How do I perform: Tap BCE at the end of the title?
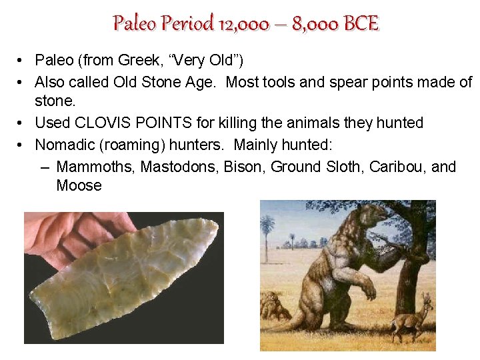(361, 24)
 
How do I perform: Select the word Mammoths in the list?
(96, 166)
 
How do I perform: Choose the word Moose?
(79, 186)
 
